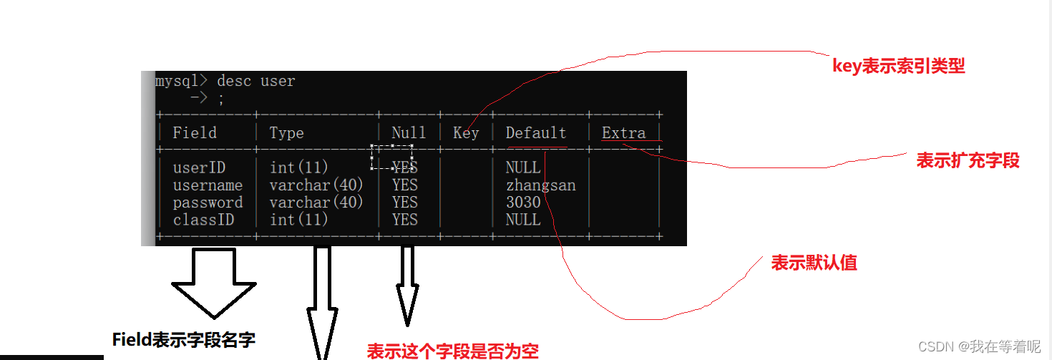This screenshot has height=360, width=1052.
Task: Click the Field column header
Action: tap(195, 133)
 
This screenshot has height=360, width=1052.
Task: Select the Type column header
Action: tap(286, 133)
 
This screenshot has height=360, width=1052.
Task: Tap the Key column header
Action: tap(466, 133)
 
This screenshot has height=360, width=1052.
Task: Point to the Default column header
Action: tap(535, 133)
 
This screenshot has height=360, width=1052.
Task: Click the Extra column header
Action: tap(623, 133)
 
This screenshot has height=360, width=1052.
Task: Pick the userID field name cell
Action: tap(199, 168)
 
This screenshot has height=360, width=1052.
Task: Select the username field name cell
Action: tap(208, 185)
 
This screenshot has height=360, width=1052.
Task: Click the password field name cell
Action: tap(208, 203)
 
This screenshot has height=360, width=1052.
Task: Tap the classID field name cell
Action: tap(203, 220)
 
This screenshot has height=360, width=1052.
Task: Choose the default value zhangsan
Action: tap(540, 185)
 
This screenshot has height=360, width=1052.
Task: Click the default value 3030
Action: tap(523, 203)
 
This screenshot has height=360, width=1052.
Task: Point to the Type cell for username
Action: tap(316, 185)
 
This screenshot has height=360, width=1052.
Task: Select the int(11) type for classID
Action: tap(298, 220)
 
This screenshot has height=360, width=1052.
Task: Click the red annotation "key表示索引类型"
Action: tap(899, 67)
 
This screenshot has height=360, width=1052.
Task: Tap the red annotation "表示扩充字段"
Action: tap(968, 160)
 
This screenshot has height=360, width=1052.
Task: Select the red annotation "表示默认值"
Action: tap(814, 263)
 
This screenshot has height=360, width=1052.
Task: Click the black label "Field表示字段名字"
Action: tap(184, 339)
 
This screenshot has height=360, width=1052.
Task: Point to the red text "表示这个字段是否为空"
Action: tap(452, 351)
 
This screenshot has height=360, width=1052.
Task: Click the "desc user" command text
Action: tap(255, 81)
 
